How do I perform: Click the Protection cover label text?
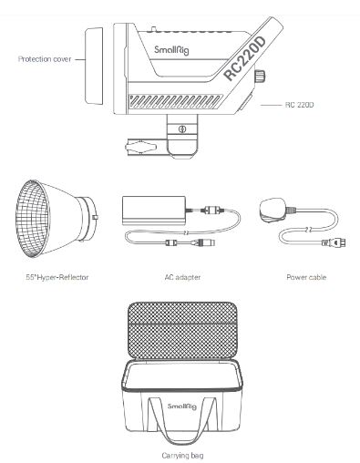point(46,60)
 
